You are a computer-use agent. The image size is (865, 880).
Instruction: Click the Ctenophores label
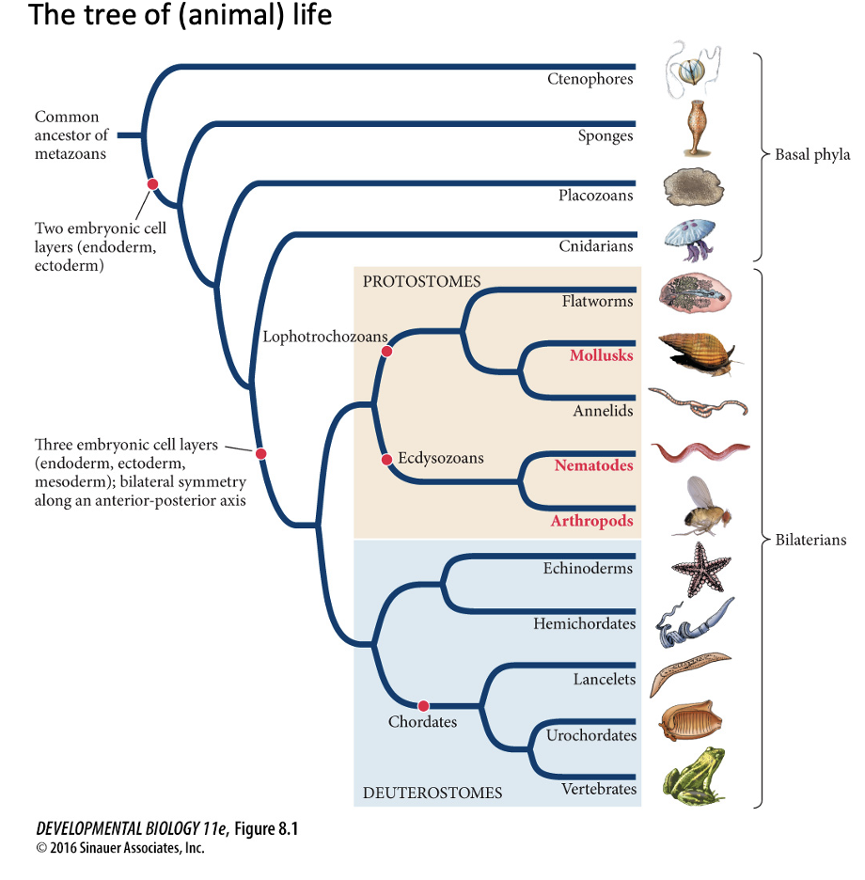[590, 79]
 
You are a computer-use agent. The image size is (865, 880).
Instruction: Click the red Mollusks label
[601, 356]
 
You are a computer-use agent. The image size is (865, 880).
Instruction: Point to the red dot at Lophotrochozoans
[385, 351]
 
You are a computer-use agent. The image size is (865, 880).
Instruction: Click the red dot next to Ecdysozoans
[385, 460]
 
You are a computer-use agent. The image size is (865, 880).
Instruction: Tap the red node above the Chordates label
[423, 705]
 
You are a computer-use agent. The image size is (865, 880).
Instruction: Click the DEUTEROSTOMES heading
[432, 794]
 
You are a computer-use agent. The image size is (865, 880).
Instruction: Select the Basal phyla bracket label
[812, 155]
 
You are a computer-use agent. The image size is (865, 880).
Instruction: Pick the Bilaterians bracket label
[810, 540]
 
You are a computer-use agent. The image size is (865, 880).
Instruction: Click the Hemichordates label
[584, 623]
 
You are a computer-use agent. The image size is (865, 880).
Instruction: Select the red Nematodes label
[593, 465]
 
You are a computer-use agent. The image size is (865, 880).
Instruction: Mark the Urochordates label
[591, 735]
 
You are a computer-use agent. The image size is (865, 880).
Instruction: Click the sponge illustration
[695, 128]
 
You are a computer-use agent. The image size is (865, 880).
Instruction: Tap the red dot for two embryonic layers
[152, 184]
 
